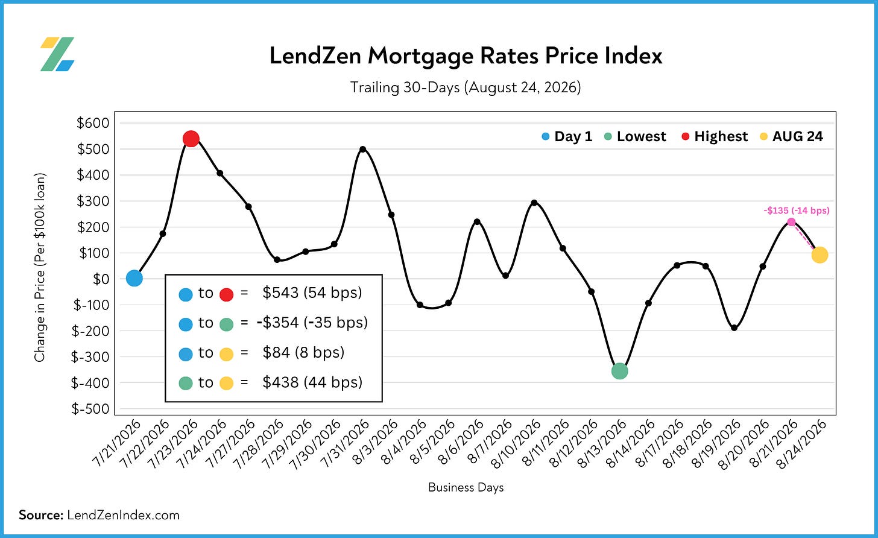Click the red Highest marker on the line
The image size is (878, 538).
coord(191,139)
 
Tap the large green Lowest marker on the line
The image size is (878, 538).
coord(620,370)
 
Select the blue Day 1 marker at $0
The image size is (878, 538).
coord(134,278)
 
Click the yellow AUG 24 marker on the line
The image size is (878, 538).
coord(820,255)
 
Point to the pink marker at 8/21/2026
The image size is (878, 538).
coord(791,222)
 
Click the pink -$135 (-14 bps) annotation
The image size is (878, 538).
coord(797,210)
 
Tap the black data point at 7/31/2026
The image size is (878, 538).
coord(363,149)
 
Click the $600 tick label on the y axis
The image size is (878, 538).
coord(93,123)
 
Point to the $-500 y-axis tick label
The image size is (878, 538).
coord(90,409)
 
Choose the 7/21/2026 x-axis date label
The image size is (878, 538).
coord(117,445)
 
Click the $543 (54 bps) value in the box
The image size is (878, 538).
coord(312,293)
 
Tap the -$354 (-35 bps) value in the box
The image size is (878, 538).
coord(312,322)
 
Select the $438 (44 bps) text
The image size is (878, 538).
coord(312,382)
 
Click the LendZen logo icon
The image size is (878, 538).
coord(57,54)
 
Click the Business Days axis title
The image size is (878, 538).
coord(466,487)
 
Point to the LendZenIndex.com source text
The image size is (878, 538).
coord(123,515)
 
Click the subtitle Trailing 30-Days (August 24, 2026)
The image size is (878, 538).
coord(466,87)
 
